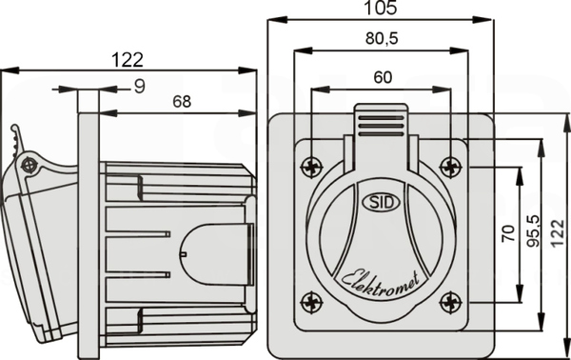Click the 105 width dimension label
(381, 8)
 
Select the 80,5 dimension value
(382, 38)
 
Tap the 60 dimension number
(383, 77)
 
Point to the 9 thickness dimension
(140, 87)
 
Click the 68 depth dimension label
(182, 102)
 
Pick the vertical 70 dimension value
(508, 233)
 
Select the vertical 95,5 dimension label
(534, 231)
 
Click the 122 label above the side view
(128, 60)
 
